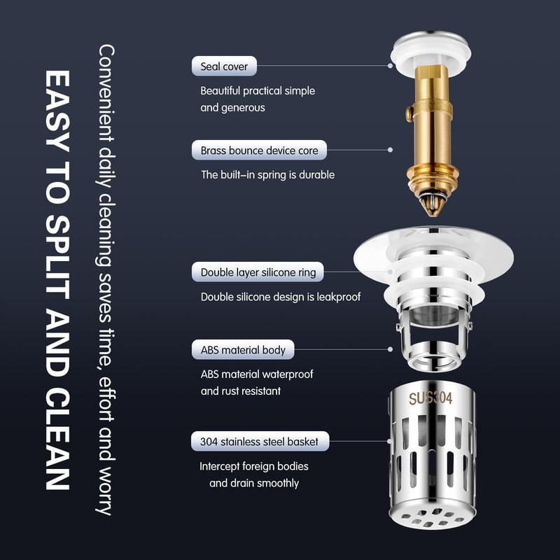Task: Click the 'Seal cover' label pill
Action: tap(224, 66)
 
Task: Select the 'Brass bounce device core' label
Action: tap(259, 150)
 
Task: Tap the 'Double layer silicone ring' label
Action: tap(258, 272)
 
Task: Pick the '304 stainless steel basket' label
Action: tap(259, 442)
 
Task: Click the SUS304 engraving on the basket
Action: tap(430, 398)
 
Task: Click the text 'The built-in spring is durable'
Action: tap(267, 174)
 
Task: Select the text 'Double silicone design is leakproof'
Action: tap(280, 297)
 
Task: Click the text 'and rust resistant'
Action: tap(241, 391)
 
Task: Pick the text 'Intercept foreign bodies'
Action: tap(253, 466)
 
